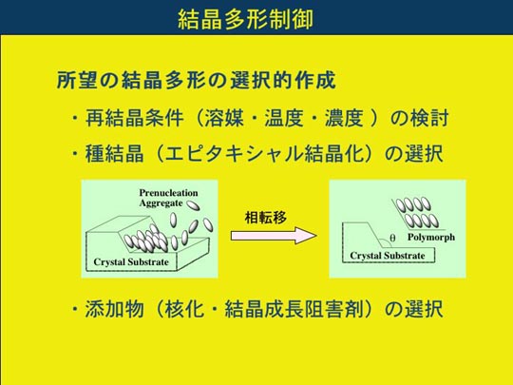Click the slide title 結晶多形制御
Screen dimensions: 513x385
[245, 19]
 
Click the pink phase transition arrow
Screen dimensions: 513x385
[274, 236]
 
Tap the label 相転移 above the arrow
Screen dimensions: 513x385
[266, 218]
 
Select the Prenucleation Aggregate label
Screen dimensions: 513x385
[168, 198]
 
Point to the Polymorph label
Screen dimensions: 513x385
[431, 238]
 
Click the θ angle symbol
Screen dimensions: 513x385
[392, 238]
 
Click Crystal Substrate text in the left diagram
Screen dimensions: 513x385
[131, 262]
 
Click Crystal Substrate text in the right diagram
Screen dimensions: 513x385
[388, 256]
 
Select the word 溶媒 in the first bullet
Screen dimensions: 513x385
[224, 118]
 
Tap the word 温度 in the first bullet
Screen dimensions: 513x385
[284, 118]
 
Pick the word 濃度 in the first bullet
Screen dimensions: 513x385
[344, 118]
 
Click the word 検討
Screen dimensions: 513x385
[428, 118]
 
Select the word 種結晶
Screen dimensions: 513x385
[115, 154]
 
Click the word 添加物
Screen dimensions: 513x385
[115, 309]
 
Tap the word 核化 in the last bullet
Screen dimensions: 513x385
[185, 309]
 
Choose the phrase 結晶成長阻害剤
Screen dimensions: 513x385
[294, 309]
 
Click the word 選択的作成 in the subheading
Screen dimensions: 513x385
[283, 80]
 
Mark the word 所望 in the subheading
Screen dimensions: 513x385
[78, 80]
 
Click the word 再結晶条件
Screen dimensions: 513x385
[134, 118]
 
